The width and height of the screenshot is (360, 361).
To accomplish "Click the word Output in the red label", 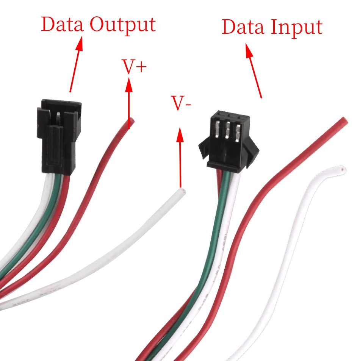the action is pyautogui.click(x=122, y=25).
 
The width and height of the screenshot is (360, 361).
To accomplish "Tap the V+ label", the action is pyautogui.click(x=134, y=67).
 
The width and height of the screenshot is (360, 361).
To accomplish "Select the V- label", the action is pyautogui.click(x=181, y=103).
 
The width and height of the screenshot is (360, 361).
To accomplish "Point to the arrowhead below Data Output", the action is pyautogui.click(x=79, y=43).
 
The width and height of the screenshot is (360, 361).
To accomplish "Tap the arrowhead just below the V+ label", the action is pyautogui.click(x=129, y=85).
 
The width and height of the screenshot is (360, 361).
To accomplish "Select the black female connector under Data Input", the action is pyautogui.click(x=229, y=142).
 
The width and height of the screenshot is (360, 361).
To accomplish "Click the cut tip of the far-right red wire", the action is pyautogui.click(x=344, y=120).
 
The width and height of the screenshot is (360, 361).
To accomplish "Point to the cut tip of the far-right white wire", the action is pyautogui.click(x=343, y=169).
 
